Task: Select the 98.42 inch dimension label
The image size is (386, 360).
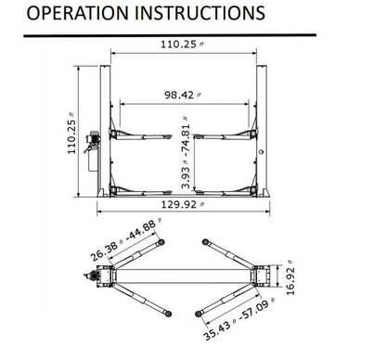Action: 183,94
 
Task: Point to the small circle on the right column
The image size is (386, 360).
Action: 263,148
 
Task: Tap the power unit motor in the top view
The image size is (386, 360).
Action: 94,276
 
